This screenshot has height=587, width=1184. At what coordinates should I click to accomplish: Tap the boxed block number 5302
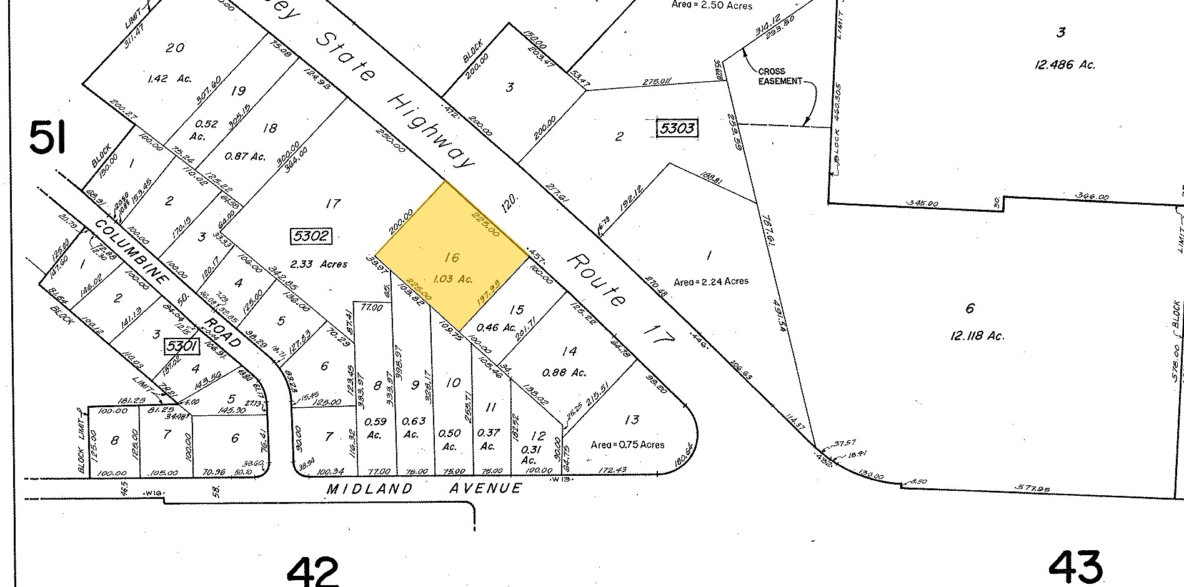click(x=311, y=237)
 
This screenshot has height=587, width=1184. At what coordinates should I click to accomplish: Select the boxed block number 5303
click(x=676, y=129)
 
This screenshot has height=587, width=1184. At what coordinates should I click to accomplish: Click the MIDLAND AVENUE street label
click(x=424, y=488)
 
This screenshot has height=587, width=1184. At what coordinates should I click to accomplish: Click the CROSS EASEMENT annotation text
click(x=780, y=76)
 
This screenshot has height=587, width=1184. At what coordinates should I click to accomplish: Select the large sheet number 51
click(x=47, y=139)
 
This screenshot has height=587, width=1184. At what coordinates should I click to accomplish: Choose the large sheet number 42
click(x=313, y=570)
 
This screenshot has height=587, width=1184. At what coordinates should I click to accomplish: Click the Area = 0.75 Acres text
click(x=627, y=445)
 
